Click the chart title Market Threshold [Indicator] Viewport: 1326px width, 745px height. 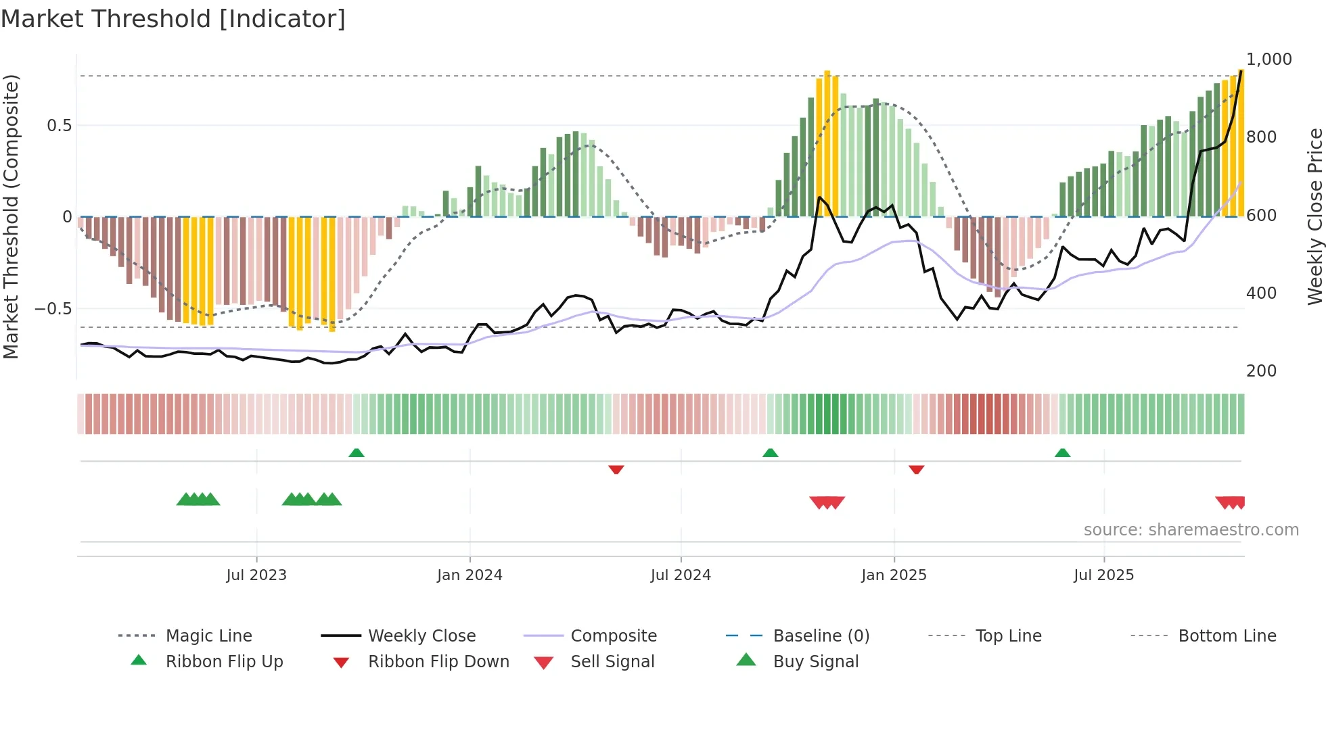[173, 19]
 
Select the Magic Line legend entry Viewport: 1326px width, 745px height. [208, 636]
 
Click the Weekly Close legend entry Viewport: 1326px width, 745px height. [421, 636]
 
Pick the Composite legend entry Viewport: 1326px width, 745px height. [613, 636]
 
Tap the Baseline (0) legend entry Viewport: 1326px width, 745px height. [821, 636]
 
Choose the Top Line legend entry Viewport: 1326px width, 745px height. [1008, 636]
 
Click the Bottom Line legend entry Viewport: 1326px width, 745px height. [1227, 636]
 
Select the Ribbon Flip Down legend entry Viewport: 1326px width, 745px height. [438, 662]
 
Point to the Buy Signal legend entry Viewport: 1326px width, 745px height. [815, 662]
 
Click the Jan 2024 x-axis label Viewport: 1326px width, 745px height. [470, 575]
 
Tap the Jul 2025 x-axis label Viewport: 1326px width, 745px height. [1103, 575]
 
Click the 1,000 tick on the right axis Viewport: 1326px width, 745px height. [1268, 59]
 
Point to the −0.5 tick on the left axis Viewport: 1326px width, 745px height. [53, 309]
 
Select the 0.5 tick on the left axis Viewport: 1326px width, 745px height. [59, 126]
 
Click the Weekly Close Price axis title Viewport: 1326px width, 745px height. [1314, 216]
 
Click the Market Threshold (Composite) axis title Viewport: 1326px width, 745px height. [11, 216]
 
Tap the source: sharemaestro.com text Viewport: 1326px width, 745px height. [1191, 530]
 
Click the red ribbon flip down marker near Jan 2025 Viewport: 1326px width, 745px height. [916, 469]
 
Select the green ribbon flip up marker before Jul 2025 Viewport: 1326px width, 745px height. [1062, 453]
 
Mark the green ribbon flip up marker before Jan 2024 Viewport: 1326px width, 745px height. [357, 453]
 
